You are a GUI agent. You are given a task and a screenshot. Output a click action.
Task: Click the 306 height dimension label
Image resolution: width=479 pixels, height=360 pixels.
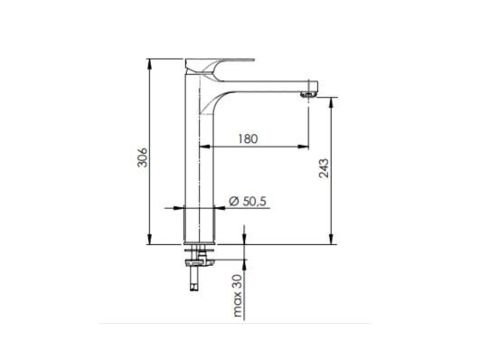click(x=143, y=157)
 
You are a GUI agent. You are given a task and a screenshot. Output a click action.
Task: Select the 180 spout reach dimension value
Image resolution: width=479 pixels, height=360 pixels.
click(x=248, y=139)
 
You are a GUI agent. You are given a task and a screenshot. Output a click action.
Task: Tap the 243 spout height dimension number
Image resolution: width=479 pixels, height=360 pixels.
click(x=324, y=168)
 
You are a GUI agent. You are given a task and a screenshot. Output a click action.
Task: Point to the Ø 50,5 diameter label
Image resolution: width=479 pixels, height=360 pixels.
click(x=248, y=202)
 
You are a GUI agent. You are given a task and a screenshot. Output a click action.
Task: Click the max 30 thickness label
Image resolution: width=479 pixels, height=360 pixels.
click(x=237, y=295)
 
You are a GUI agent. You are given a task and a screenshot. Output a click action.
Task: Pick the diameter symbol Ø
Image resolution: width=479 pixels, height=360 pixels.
click(x=234, y=201)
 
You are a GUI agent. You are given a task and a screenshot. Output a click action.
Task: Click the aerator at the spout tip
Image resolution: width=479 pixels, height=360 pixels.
click(x=308, y=94)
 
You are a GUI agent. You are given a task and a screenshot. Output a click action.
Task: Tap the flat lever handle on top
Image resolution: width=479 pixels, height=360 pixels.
click(x=220, y=59)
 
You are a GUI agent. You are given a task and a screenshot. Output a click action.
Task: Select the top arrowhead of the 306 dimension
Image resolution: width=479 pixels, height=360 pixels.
click(x=149, y=63)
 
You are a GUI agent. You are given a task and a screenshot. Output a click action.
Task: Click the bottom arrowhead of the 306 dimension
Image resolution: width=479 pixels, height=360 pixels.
click(x=149, y=240)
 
